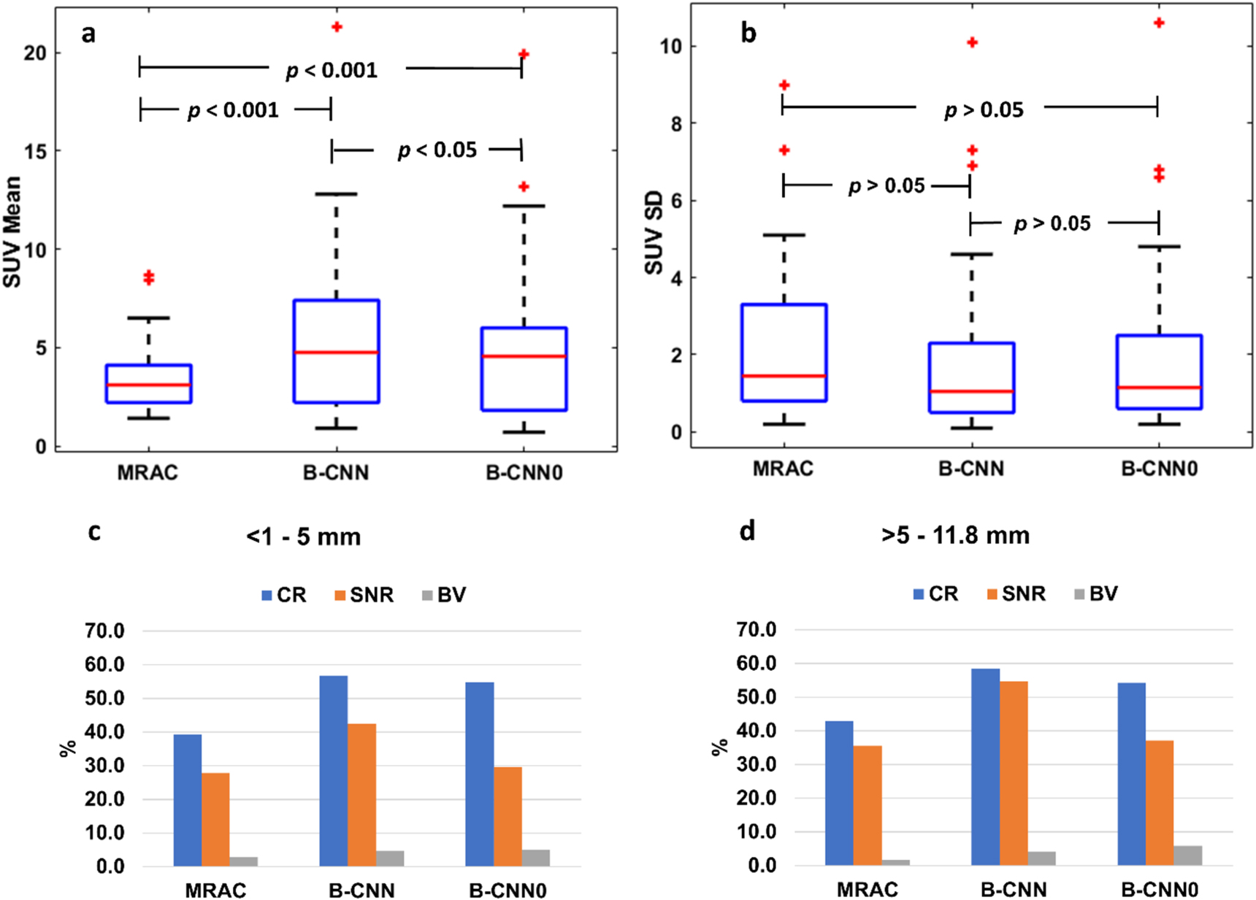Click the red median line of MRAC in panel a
coord(148,385)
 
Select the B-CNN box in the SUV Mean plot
coord(336,351)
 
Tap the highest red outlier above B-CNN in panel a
coord(337,27)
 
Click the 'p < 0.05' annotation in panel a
coord(437,150)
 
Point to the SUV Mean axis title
coord(12,232)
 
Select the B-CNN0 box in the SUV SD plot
coord(1159,372)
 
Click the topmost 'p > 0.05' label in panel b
coord(983,110)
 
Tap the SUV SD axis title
coord(654,233)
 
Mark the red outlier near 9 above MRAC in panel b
coord(784,85)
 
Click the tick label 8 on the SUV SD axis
coord(675,124)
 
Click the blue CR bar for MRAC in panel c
coord(188,800)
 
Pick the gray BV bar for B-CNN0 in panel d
coord(1187,855)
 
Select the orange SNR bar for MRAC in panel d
coord(868,805)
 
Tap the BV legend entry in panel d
coord(1095,593)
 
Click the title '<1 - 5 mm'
coord(303,537)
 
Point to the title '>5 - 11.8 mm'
coord(955,535)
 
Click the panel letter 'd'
coord(746,531)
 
